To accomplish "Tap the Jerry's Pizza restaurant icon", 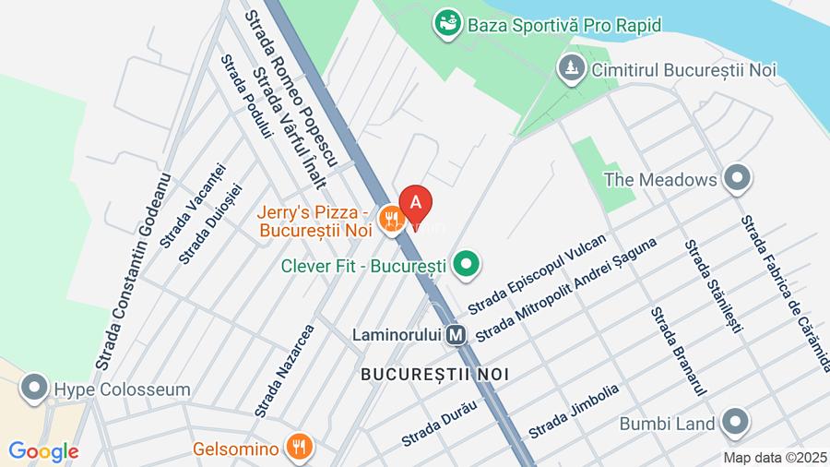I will (x=391, y=219).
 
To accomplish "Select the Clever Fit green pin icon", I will (x=467, y=265).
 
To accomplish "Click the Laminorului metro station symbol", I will (x=456, y=334).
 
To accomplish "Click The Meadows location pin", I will (x=736, y=179).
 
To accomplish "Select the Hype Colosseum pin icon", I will (x=34, y=389).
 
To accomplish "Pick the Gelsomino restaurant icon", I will (x=299, y=449).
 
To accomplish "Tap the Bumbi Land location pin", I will (x=735, y=423).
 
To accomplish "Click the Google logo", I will (x=43, y=451).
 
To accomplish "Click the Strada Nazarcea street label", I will (x=285, y=369).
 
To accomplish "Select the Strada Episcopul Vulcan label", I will (x=537, y=272).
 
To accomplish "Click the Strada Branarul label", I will (x=678, y=352).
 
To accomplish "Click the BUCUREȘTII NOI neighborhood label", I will (x=435, y=374).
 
